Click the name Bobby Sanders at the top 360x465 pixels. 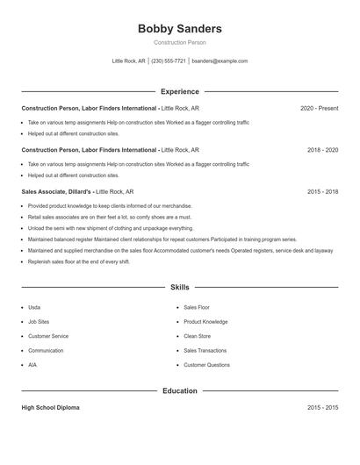pos(180,29)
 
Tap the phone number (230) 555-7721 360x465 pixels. pos(169,61)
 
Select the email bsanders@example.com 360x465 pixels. pos(220,61)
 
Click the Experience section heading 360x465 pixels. pos(180,91)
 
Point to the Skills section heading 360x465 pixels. pos(180,287)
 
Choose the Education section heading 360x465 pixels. pos(180,390)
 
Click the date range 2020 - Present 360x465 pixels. pos(319,108)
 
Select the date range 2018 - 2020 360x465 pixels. pos(322,150)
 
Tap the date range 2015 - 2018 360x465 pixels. pos(322,191)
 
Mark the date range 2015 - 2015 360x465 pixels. pos(322,408)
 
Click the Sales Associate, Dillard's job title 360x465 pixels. pos(56,191)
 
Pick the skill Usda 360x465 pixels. pos(34,308)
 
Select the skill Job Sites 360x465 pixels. pos(39,322)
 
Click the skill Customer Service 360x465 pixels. pos(48,336)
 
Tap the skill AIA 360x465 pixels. pos(32,365)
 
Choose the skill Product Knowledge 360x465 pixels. pos(206,322)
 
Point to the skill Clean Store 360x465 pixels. pos(198,336)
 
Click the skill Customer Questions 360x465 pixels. pos(207,365)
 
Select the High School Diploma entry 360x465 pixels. pos(51,408)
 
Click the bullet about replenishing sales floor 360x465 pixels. pos(79,261)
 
